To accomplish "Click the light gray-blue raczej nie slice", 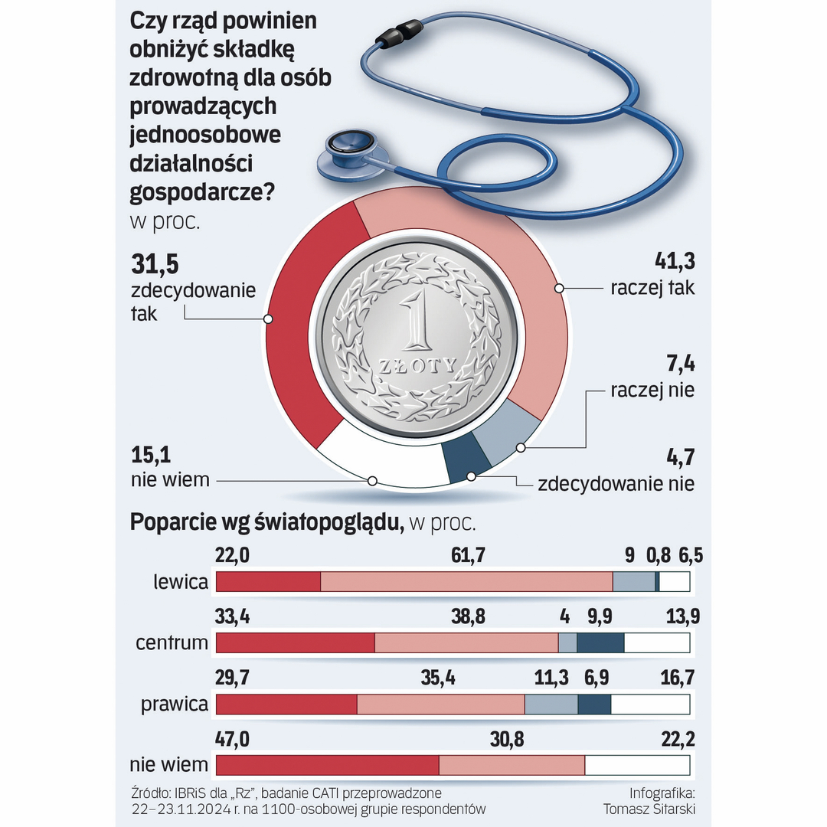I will click(505, 436).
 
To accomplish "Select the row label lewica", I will click(180, 582).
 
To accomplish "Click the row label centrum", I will click(172, 642).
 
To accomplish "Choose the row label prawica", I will click(175, 704).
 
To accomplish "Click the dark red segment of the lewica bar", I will click(268, 582).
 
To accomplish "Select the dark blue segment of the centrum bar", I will click(600, 642).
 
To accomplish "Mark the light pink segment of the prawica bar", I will click(440, 704).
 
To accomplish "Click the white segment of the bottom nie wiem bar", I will click(637, 765).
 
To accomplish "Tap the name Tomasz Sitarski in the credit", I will click(649, 809).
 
